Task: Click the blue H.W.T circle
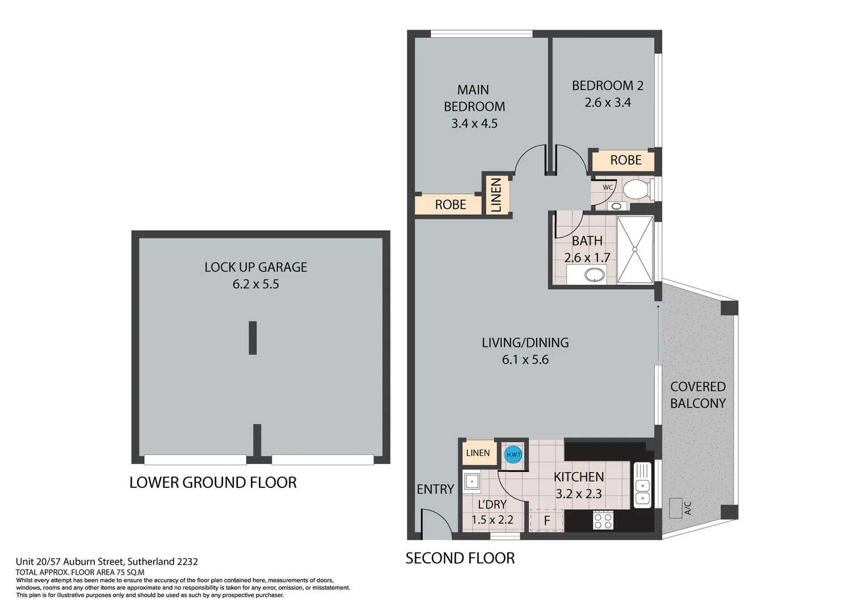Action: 513,454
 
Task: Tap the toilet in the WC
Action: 637,190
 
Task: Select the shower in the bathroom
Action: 635,249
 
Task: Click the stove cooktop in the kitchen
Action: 603,520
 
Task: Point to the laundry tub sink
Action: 472,482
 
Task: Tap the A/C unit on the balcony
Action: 675,508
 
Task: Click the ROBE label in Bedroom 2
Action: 625,160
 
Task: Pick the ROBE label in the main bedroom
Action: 451,205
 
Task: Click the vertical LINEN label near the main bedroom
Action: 496,195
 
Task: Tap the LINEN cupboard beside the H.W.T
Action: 478,453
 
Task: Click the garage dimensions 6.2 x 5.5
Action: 256,284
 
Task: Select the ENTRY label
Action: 435,489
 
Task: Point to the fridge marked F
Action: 547,520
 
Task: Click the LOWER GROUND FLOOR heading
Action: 213,482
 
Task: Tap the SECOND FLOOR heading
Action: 460,558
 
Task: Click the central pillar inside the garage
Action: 252,338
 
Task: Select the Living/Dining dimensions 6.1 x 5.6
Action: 525,359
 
